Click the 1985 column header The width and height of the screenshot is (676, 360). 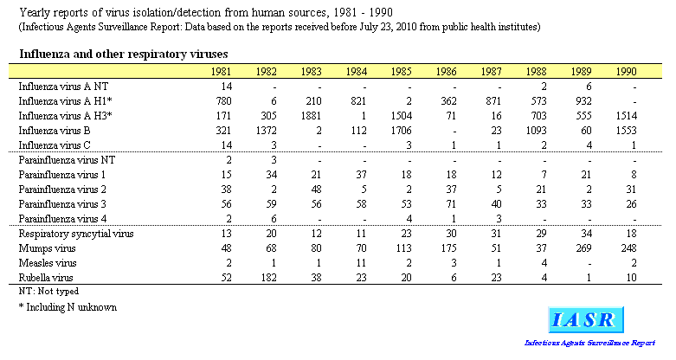[401, 71]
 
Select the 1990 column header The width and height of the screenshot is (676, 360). [626, 71]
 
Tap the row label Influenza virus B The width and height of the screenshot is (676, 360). [55, 131]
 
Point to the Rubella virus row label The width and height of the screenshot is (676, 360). [46, 278]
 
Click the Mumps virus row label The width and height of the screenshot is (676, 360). [47, 248]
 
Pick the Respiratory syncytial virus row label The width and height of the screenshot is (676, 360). [76, 234]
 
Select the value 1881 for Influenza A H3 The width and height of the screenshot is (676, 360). [311, 116]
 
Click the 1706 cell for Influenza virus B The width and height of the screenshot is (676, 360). [401, 131]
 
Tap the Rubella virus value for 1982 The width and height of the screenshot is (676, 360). [268, 278]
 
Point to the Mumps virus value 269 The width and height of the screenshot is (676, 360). [583, 248]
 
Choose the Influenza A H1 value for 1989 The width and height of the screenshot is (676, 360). [583, 101]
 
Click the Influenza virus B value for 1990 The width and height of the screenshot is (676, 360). [626, 131]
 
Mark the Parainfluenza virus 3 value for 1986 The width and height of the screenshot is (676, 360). [451, 204]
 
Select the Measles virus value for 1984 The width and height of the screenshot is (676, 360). [361, 263]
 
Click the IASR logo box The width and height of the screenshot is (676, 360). [586, 320]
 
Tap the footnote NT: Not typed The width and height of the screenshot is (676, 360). [48, 292]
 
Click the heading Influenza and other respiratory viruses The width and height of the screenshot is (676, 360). [124, 55]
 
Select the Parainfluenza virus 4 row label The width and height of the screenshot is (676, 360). [62, 219]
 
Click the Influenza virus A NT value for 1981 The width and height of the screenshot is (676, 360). [226, 87]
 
